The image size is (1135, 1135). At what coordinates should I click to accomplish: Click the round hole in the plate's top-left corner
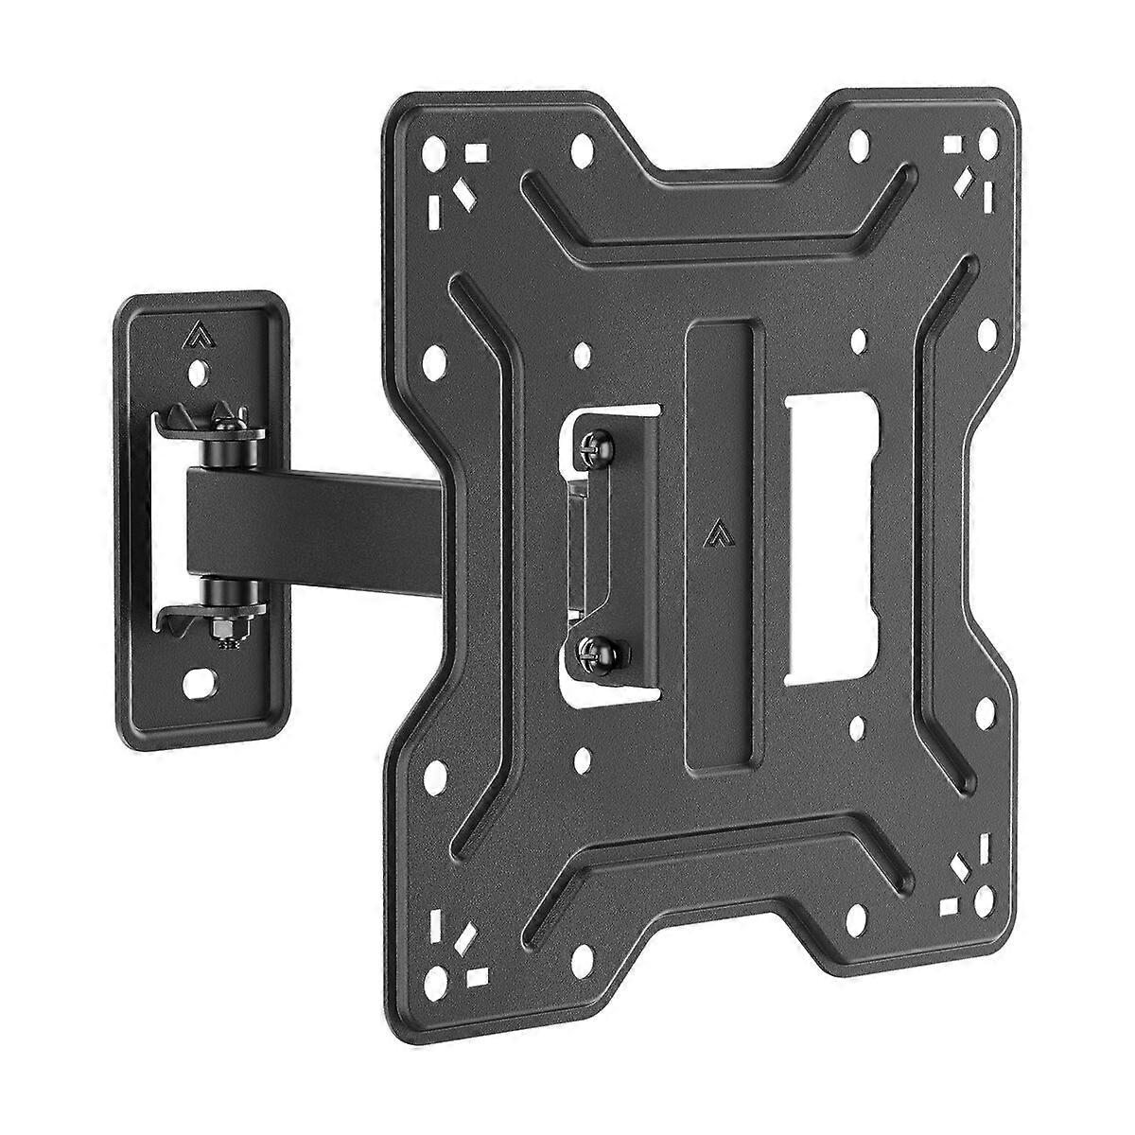click(x=434, y=150)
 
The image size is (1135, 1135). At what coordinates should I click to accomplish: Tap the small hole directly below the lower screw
click(x=583, y=758)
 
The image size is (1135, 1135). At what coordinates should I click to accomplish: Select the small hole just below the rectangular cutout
click(x=856, y=726)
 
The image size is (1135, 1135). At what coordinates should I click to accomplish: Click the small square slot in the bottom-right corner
click(x=950, y=905)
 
